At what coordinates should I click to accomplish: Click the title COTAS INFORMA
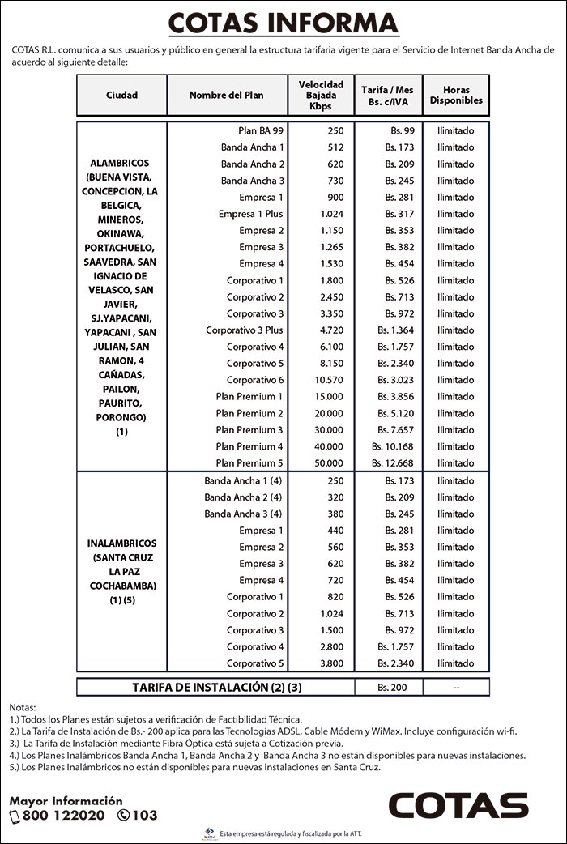coord(283,23)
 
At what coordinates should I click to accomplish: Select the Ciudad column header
coord(122,95)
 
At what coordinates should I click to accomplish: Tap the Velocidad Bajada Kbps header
coord(321,95)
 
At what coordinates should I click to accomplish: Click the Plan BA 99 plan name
coord(261,130)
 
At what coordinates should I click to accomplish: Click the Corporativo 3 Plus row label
coord(245,330)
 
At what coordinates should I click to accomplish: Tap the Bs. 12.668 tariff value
coord(393,463)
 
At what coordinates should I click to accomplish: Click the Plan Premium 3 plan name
coord(249,430)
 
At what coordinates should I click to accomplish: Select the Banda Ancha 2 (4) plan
coord(243,497)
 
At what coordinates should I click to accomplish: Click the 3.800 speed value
coord(332,663)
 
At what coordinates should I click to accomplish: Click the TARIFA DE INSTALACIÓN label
coord(216,688)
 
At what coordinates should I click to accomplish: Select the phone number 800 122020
coord(63,816)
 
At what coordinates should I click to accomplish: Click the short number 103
coord(145,816)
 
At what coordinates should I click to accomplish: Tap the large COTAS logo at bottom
coord(458,806)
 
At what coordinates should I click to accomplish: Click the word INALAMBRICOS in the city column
coord(122,543)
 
